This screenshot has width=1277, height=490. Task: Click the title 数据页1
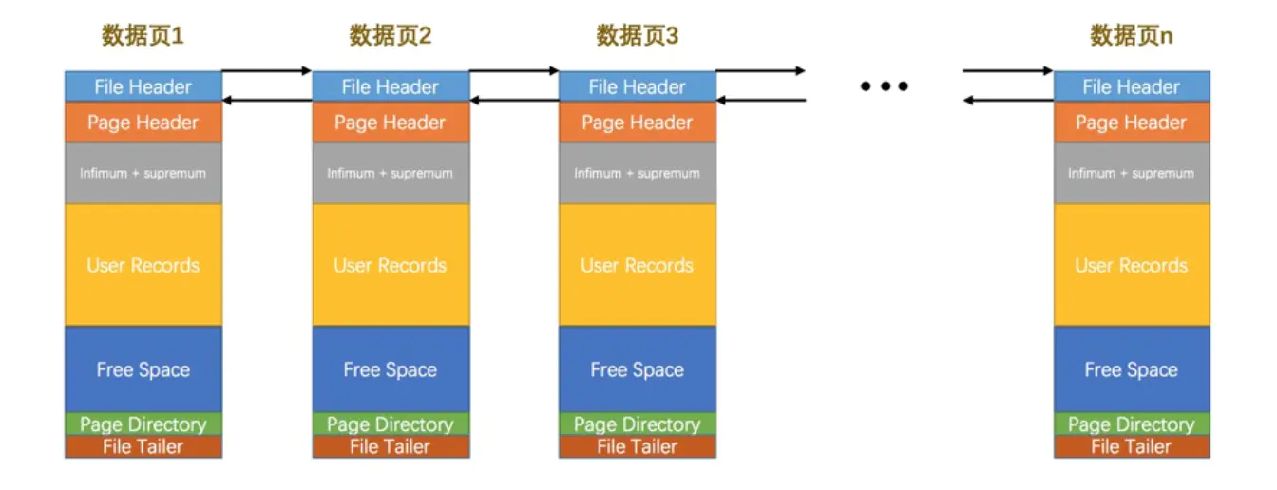click(x=143, y=37)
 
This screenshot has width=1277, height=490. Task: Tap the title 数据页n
click(x=1131, y=37)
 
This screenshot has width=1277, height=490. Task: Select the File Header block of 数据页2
click(x=391, y=87)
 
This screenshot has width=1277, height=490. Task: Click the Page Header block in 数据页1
click(x=143, y=122)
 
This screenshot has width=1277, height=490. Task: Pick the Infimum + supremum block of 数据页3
click(x=637, y=173)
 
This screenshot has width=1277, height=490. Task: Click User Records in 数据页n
click(x=1131, y=265)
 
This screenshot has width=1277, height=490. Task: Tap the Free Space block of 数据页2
click(x=391, y=369)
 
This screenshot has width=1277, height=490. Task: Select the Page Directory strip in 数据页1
click(x=143, y=424)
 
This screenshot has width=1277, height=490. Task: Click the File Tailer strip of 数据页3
click(x=637, y=446)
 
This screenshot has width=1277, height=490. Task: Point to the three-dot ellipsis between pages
click(x=885, y=86)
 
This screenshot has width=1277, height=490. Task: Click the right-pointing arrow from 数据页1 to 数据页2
click(x=267, y=71)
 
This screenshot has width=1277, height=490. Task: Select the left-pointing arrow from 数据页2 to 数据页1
click(x=267, y=100)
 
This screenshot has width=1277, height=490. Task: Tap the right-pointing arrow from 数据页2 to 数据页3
click(x=514, y=71)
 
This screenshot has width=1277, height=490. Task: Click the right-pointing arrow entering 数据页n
click(x=1007, y=71)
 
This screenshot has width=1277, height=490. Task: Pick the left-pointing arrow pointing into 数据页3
click(x=760, y=100)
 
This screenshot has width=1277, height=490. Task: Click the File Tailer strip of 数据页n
click(x=1131, y=446)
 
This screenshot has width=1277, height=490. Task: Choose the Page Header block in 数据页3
click(x=637, y=122)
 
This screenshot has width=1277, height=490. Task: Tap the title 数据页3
click(x=637, y=37)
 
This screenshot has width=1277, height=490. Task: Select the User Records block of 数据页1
click(x=143, y=265)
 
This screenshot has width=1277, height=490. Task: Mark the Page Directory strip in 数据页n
click(x=1131, y=424)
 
